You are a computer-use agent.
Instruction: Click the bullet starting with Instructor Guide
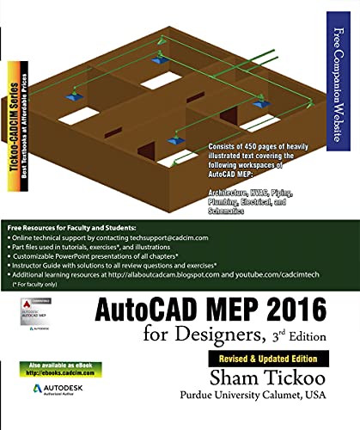[x=112, y=267]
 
